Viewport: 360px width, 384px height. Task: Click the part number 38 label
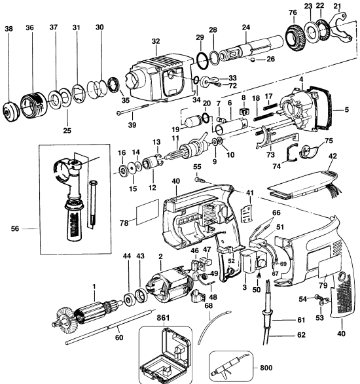(x=9, y=29)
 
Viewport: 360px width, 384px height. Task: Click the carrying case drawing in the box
(x=166, y=354)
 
